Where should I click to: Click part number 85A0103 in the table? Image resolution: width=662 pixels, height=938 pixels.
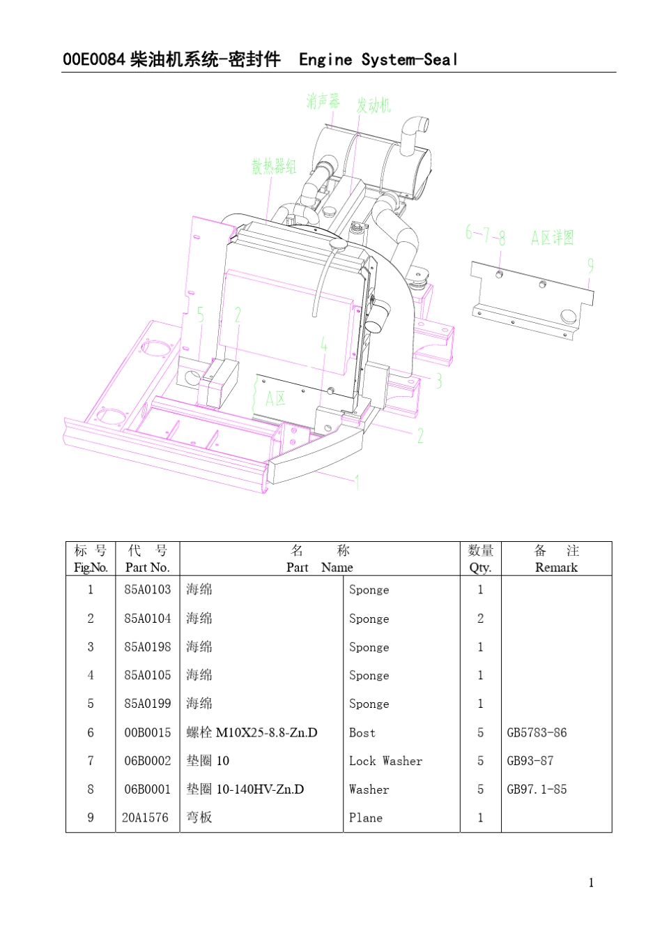[147, 589]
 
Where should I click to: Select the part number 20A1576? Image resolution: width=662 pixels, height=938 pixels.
[145, 817]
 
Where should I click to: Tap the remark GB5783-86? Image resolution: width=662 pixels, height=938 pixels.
[537, 732]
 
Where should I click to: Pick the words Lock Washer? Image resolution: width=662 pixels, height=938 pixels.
[385, 761]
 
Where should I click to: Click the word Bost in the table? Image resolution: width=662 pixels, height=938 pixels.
[362, 732]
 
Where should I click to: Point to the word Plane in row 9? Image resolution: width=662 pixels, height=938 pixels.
[366, 817]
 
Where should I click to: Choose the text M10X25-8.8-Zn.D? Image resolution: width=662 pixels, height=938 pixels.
[266, 732]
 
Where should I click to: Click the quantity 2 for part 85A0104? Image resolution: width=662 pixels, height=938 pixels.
[480, 618]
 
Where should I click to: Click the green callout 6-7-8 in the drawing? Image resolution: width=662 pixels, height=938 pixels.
[485, 234]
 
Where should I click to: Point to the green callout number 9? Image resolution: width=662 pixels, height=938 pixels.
[590, 266]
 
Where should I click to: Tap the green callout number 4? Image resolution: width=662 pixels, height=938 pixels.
[324, 344]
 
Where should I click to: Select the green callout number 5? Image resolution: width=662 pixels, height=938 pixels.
[201, 315]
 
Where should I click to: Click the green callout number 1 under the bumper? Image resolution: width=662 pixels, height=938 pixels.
[357, 482]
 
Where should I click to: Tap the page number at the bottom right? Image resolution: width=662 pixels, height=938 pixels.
[591, 883]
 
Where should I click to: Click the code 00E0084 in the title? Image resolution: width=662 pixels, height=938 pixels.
[94, 60]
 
